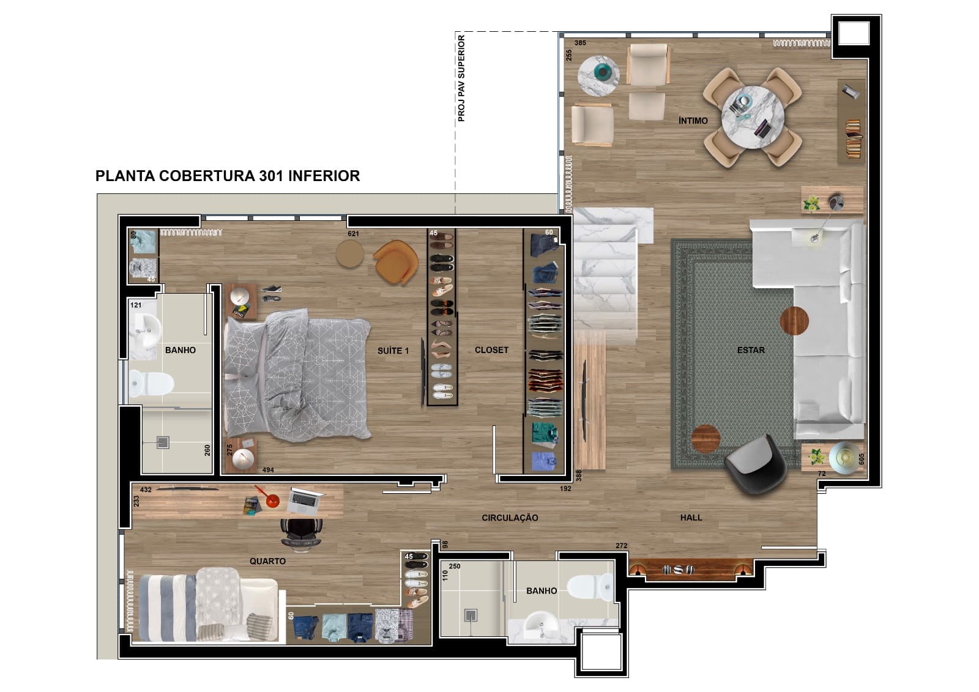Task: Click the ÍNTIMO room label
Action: point(693,121)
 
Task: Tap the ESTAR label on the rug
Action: point(751,350)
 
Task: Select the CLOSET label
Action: point(492,350)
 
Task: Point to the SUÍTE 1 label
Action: point(393,351)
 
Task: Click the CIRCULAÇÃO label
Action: point(510,518)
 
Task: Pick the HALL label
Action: point(691,518)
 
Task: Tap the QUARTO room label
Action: point(267,561)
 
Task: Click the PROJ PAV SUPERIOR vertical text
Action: point(461,78)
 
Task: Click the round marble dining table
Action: point(752,117)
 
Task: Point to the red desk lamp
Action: point(269,497)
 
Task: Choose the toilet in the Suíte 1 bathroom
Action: point(151,384)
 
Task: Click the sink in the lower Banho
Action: point(540,625)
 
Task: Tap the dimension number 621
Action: point(353,234)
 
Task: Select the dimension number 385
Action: point(580,43)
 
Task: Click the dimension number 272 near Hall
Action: point(622,546)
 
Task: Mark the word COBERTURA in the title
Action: point(207,176)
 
